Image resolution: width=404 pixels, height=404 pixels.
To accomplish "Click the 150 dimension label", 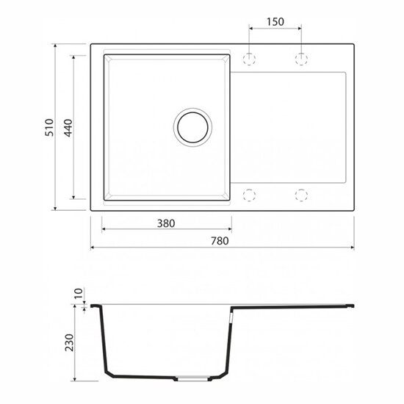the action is tap(275, 22).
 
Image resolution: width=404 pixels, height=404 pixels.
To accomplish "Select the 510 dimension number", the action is tap(49, 127).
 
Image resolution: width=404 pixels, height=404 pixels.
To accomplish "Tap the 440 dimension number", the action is tap(68, 128).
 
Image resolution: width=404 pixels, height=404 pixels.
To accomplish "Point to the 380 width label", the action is tap(166, 223).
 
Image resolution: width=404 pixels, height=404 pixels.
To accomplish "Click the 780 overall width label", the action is tap(220, 241).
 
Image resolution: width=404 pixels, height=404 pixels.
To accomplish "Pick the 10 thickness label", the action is tap(79, 293).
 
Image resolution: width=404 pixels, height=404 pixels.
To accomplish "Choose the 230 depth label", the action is tap(69, 343).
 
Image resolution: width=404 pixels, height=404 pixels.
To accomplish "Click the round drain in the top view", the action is tap(192, 127).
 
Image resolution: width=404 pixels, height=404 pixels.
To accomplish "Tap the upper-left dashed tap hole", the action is tap(249, 59).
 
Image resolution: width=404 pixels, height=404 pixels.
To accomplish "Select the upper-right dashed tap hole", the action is tap(301, 59).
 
